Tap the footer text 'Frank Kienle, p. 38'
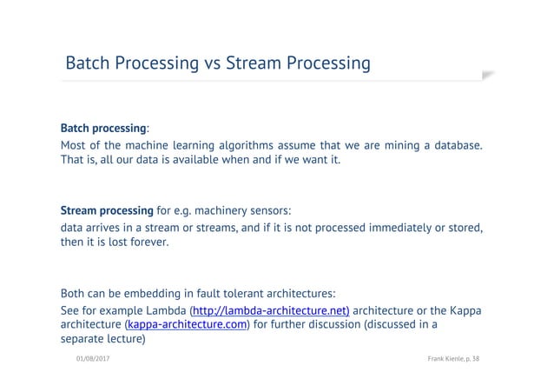454,358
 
